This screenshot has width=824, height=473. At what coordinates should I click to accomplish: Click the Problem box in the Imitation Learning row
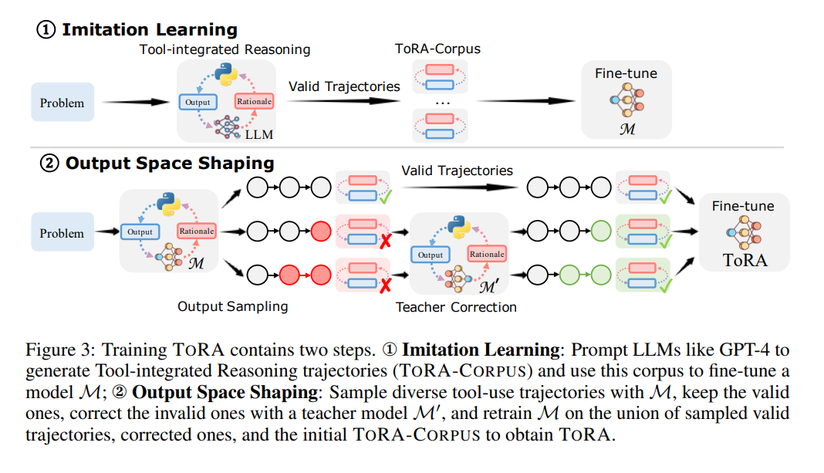pyautogui.click(x=62, y=103)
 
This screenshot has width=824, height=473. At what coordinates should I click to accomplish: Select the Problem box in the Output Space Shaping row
pyautogui.click(x=62, y=233)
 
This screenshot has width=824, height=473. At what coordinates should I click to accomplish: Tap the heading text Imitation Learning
pyautogui.click(x=149, y=30)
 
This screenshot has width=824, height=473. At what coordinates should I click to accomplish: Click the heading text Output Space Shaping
pyautogui.click(x=169, y=163)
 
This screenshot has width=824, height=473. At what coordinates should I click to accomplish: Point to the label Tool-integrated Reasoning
pyautogui.click(x=225, y=49)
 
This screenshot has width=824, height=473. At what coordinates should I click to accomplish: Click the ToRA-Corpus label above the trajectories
pyautogui.click(x=437, y=49)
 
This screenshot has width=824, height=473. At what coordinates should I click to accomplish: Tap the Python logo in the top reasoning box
pyautogui.click(x=225, y=74)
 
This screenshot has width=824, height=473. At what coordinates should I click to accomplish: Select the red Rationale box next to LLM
pyautogui.click(x=254, y=101)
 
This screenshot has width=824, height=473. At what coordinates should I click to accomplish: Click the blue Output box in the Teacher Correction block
pyautogui.click(x=431, y=255)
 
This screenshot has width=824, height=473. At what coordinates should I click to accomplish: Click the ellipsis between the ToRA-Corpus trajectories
pyautogui.click(x=442, y=102)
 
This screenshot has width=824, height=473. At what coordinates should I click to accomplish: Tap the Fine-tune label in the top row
pyautogui.click(x=626, y=73)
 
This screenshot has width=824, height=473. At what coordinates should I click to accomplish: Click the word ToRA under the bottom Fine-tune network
pyautogui.click(x=745, y=260)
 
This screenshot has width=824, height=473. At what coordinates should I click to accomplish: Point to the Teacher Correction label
pyautogui.click(x=456, y=307)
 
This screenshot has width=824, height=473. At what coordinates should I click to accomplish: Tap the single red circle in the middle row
pyautogui.click(x=321, y=230)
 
